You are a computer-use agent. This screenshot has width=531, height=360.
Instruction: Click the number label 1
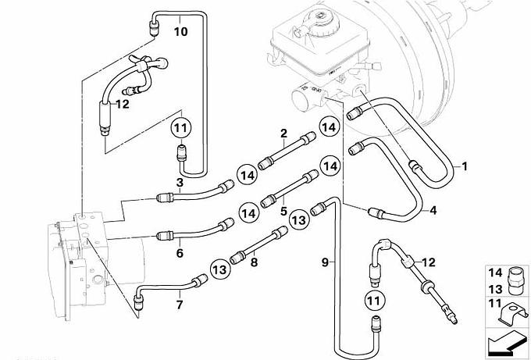(465, 166)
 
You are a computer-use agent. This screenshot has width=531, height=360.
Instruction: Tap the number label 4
(433, 209)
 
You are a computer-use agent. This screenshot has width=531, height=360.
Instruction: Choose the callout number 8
(253, 263)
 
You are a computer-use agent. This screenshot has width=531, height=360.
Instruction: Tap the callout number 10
(180, 32)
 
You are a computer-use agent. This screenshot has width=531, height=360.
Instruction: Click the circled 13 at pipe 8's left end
(220, 268)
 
